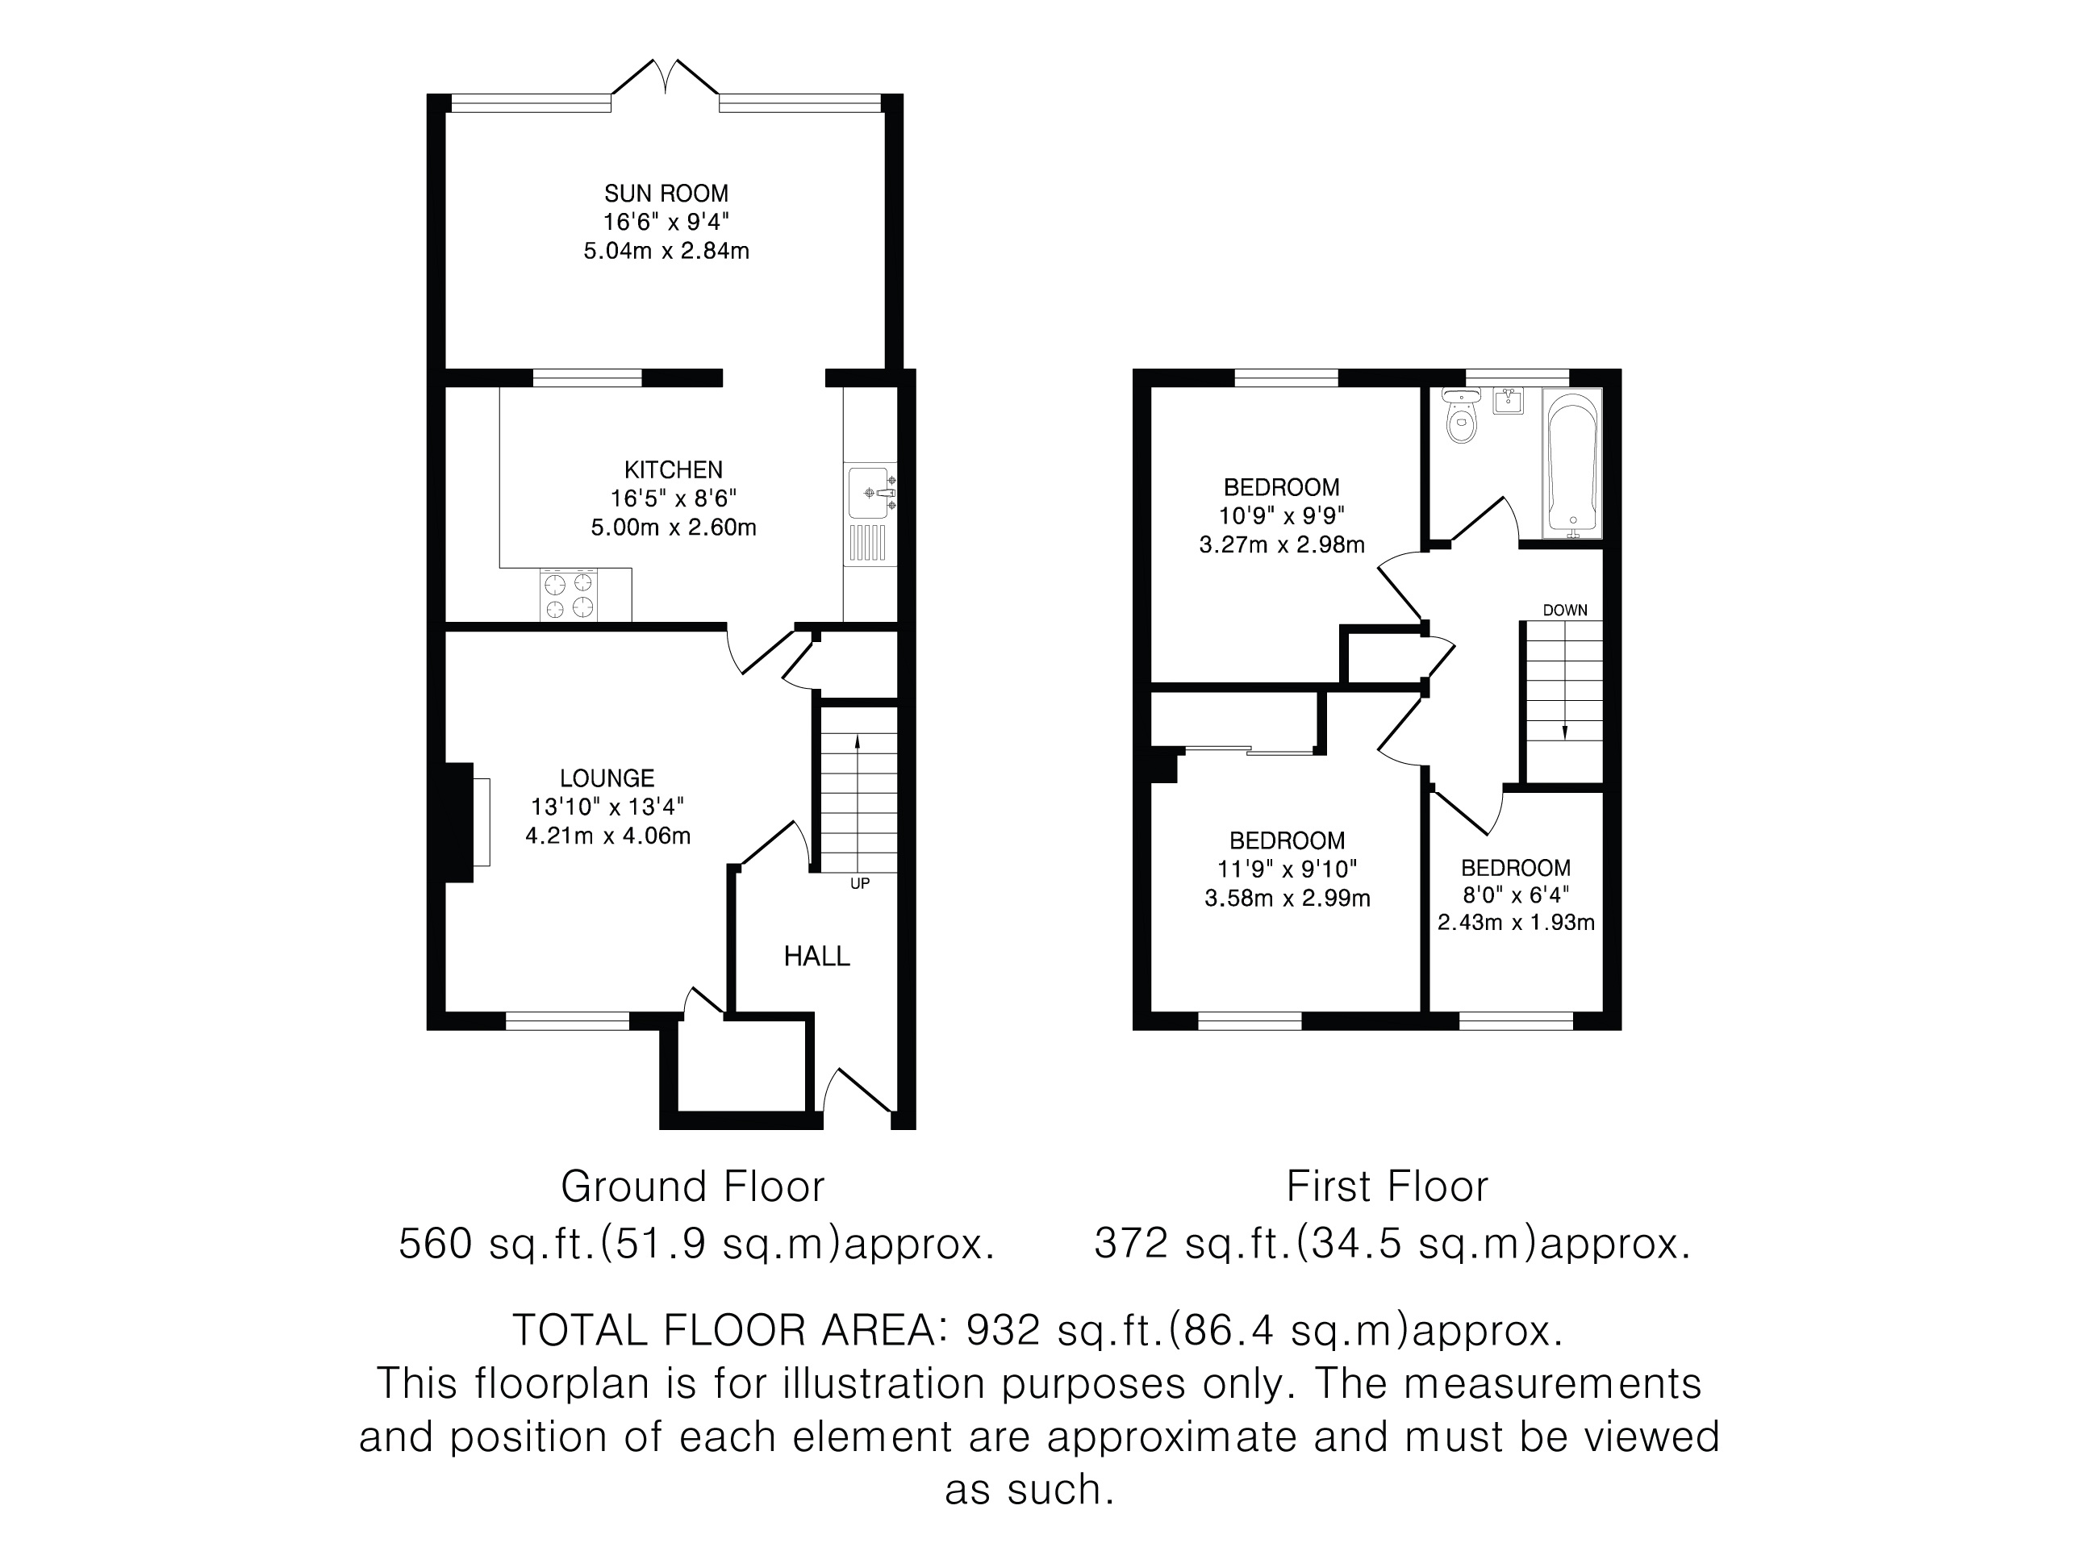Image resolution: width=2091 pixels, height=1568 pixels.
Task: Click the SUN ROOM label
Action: click(x=666, y=194)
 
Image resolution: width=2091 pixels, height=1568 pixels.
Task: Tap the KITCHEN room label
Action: click(x=673, y=469)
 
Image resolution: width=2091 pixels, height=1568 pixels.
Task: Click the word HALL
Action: click(x=816, y=957)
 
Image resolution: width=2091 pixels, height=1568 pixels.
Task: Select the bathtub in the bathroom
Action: click(x=1572, y=463)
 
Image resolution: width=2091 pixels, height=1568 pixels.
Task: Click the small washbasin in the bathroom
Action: click(x=1509, y=401)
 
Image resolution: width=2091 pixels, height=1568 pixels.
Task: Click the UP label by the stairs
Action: click(x=859, y=884)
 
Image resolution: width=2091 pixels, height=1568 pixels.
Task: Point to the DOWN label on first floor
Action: click(x=1565, y=611)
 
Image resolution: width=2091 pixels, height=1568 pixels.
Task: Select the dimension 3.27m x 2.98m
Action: click(x=1282, y=545)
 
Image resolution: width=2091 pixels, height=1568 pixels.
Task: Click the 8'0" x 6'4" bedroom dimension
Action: click(x=1517, y=895)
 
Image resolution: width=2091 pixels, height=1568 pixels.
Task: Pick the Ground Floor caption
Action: click(x=693, y=1186)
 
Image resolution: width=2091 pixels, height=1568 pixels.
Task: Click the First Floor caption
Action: click(x=1387, y=1186)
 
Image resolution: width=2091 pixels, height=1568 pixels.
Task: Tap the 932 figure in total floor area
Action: click(x=1003, y=1331)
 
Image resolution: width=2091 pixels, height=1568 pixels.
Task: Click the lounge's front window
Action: click(x=567, y=1021)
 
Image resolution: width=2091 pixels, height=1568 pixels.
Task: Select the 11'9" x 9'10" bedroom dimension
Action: click(x=1288, y=869)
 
